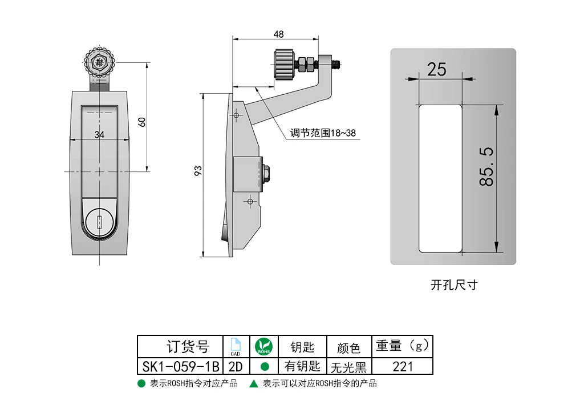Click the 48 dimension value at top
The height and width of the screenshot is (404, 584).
coord(278,34)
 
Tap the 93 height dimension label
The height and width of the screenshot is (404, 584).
coord(198,171)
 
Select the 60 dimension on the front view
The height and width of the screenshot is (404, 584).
coord(142,122)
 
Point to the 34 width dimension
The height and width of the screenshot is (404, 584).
coord(99,135)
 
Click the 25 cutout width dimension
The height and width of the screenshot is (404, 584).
coord(436,69)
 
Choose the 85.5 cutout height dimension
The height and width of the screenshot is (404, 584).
coord(486,167)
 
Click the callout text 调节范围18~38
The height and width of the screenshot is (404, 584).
coord(323,133)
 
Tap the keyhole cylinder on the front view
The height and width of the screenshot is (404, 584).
coord(99,223)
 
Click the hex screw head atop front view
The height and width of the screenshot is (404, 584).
coord(99,62)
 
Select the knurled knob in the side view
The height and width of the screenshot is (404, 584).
coord(285,65)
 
